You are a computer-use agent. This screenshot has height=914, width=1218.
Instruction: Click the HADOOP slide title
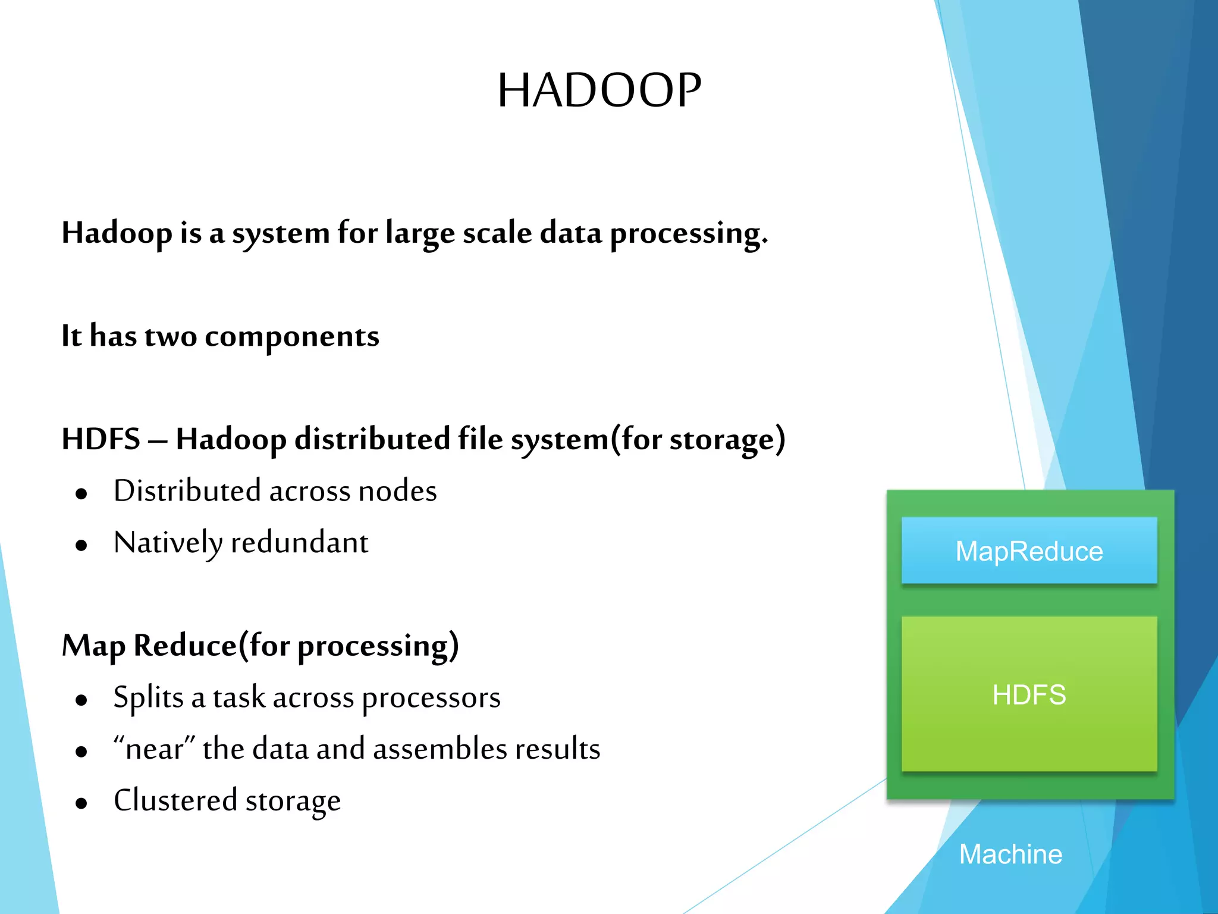click(599, 90)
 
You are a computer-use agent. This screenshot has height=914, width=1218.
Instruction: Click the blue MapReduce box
click(1029, 550)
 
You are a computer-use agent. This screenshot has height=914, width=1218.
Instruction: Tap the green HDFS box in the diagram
click(1029, 694)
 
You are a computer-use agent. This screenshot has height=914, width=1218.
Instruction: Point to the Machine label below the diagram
click(1010, 854)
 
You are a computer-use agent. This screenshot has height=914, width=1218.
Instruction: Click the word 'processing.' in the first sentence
click(689, 233)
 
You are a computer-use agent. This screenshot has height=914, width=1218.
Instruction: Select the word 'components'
click(291, 337)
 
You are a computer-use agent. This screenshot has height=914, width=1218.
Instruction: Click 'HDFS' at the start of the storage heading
click(101, 439)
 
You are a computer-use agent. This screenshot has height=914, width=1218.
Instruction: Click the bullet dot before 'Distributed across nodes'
click(81, 493)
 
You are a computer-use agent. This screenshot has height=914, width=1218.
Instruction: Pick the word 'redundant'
click(299, 543)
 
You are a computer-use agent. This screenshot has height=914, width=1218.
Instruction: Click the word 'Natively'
click(168, 543)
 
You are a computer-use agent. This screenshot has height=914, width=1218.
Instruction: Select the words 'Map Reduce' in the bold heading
click(149, 646)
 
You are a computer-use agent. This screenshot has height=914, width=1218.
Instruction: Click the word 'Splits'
click(148, 697)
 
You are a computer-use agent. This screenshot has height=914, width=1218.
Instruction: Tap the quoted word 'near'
click(154, 749)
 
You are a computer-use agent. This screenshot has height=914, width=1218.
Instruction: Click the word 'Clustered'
click(175, 800)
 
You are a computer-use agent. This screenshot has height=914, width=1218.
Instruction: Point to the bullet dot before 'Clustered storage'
click(81, 803)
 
